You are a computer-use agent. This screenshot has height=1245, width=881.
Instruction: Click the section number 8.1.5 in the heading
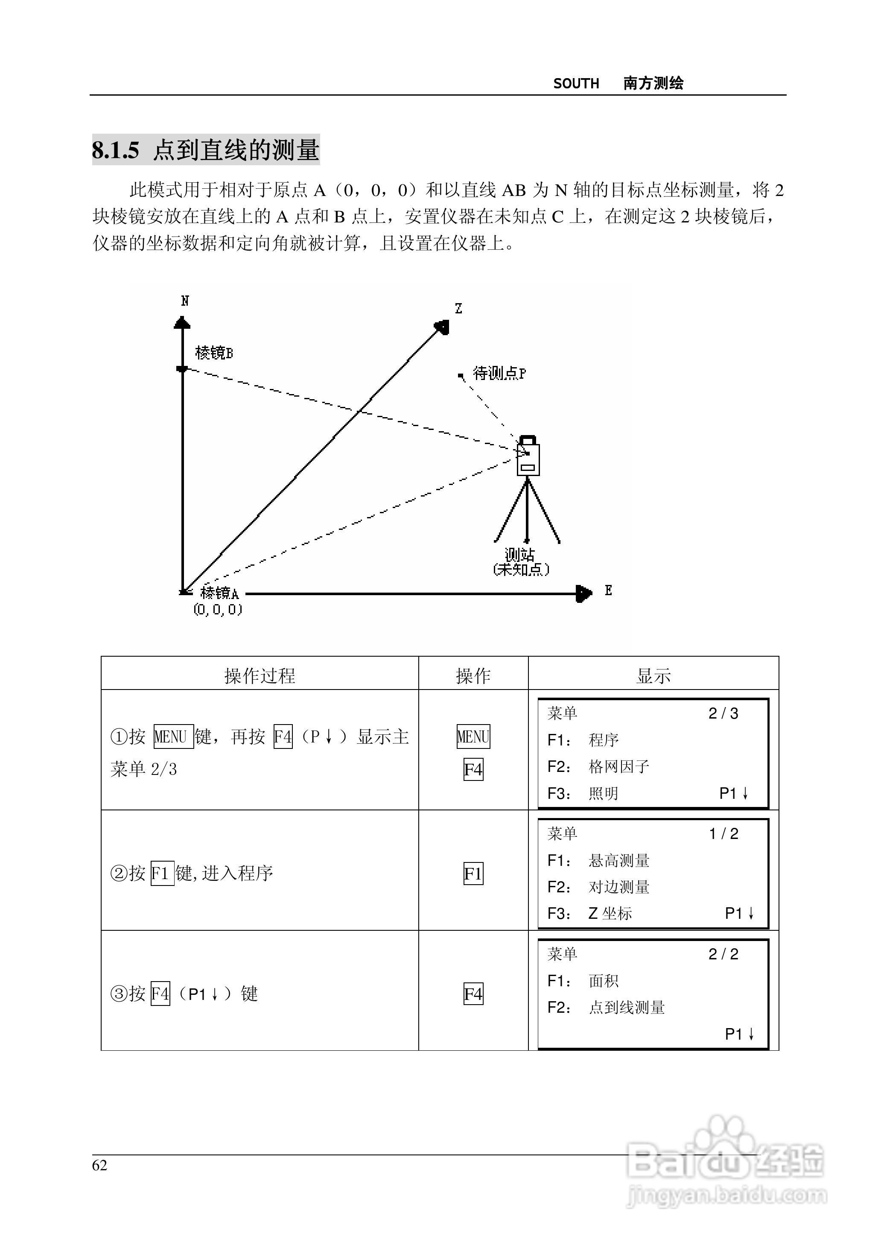(116, 150)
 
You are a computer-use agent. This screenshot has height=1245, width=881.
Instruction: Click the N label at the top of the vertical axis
(185, 301)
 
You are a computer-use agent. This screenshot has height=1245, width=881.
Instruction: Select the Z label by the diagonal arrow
(458, 309)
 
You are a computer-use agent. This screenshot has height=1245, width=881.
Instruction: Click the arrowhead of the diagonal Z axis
(443, 327)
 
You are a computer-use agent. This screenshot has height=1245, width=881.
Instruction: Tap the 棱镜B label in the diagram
(214, 353)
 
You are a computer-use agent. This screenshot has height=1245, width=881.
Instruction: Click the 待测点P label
(499, 373)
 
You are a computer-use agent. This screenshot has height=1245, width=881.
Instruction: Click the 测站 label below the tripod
(520, 555)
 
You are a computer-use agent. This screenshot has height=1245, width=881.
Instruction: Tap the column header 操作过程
(260, 676)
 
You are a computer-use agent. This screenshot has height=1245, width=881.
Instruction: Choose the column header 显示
(653, 676)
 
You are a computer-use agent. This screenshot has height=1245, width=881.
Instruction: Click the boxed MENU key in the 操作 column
(473, 736)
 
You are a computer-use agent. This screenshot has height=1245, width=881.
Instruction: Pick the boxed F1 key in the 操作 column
(473, 874)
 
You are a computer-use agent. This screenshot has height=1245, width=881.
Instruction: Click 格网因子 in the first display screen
(619, 766)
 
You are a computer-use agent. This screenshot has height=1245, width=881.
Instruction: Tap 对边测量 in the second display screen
(619, 887)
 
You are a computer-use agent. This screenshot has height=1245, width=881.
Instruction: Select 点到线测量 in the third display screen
(627, 1007)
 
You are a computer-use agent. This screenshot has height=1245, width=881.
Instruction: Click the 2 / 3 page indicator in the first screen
(723, 713)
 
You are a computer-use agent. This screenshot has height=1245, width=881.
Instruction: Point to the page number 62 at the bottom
(100, 1165)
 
